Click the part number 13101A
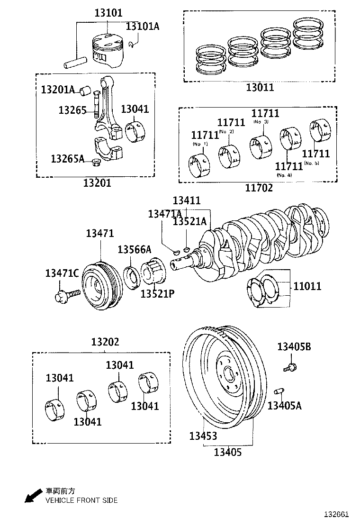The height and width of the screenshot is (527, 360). tap(142, 26)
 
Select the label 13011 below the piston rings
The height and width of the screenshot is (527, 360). tap(260, 87)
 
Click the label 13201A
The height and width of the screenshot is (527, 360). tap(57, 89)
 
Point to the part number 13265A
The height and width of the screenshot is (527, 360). tap(67, 158)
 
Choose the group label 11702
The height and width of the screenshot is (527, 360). tap(259, 188)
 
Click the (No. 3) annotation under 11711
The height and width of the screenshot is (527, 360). tap(261, 122)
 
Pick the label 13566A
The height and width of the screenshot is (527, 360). tap(134, 250)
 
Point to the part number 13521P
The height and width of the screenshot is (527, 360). tap(157, 293)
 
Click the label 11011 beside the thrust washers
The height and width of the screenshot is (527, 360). tap(307, 286)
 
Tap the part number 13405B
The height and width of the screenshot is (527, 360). tap(294, 347)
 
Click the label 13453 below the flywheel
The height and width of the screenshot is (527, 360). tap(203, 436)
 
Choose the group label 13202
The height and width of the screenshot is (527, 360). tap(105, 342)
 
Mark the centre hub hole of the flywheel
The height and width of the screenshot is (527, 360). tap(228, 374)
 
